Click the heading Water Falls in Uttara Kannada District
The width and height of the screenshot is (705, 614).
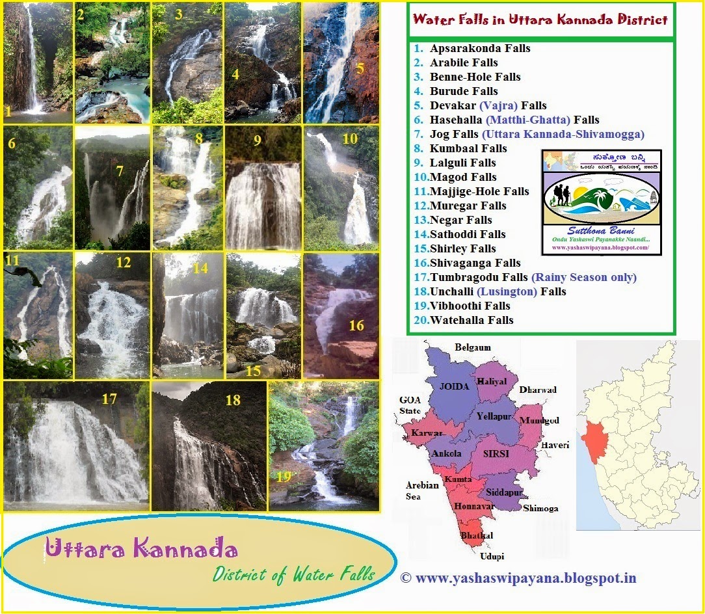[540, 20]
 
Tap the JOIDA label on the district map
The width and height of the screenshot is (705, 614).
[455, 386]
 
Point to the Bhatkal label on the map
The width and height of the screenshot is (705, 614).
[476, 535]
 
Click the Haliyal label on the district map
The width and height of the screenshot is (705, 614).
[492, 382]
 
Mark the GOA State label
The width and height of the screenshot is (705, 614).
[410, 405]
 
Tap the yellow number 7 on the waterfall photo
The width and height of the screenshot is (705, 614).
[119, 171]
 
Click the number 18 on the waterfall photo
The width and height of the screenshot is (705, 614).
[233, 401]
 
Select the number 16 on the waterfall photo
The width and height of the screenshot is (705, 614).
[356, 325]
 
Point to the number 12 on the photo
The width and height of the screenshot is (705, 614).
[123, 263]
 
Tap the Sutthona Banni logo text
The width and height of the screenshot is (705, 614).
[601, 231]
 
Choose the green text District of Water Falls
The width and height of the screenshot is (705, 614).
[294, 574]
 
